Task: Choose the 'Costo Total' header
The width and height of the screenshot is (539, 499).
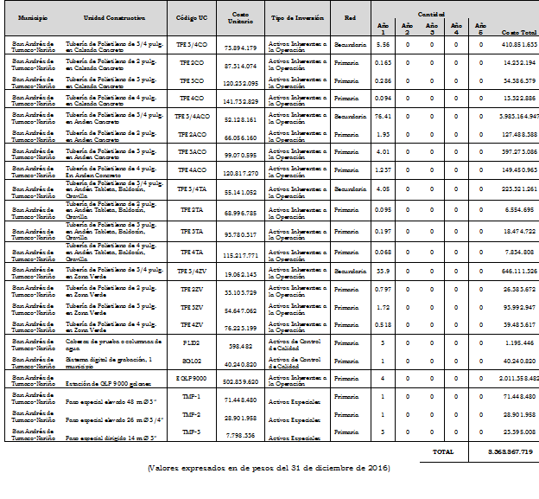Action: pos(518,33)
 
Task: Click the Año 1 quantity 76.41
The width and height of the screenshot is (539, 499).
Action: pos(384,115)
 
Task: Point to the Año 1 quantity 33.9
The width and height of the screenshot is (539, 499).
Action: pos(384,271)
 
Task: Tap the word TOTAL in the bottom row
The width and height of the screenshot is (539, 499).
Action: pos(442,451)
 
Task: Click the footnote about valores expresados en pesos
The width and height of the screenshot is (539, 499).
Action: pos(268,468)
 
